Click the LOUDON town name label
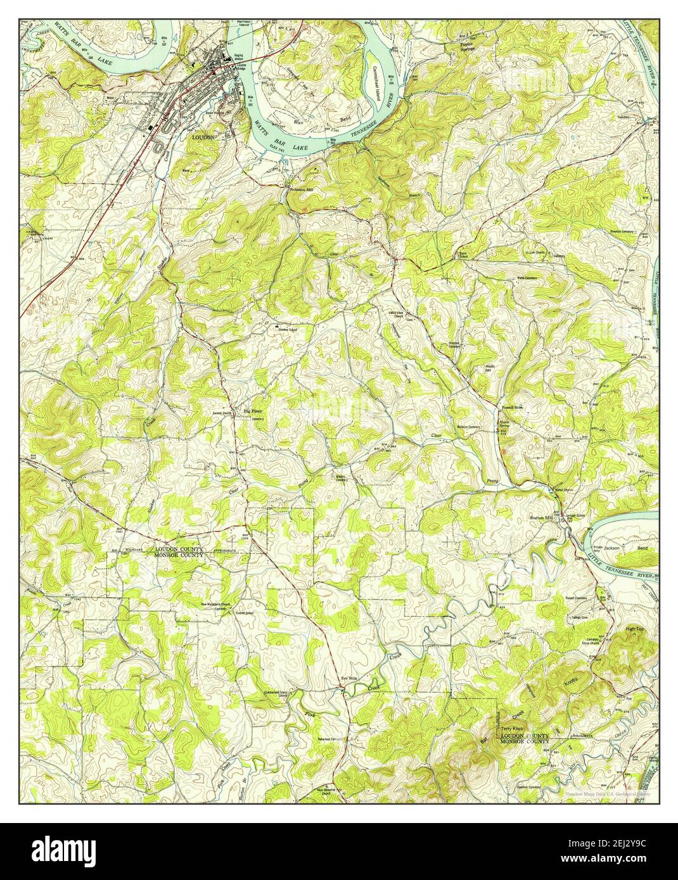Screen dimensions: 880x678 click(x=204, y=135)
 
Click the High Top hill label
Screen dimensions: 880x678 click(x=634, y=629)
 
